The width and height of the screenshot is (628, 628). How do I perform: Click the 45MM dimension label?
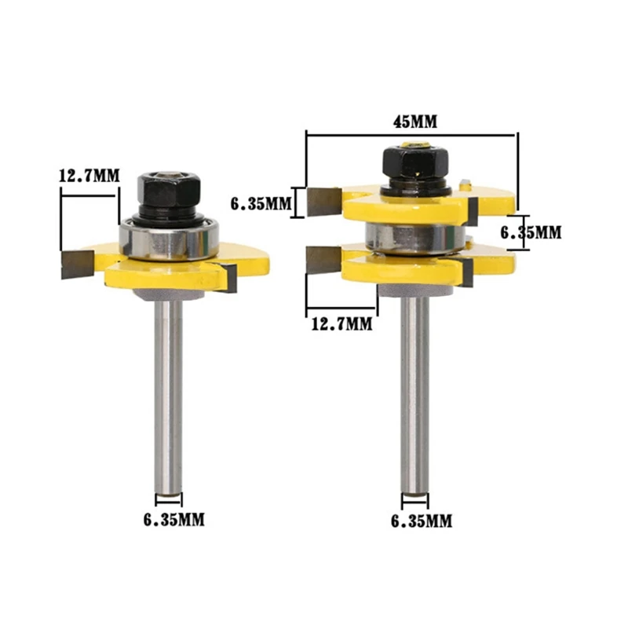[414, 122]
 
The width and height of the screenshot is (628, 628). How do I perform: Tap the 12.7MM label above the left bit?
[89, 175]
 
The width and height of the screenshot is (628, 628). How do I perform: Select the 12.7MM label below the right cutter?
[341, 323]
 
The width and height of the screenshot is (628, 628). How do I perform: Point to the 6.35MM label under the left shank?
[173, 520]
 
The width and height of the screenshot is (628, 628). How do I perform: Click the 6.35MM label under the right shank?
[422, 521]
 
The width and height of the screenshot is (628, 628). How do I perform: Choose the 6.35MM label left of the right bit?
[261, 204]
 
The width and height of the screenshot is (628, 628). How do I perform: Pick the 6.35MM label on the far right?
[531, 232]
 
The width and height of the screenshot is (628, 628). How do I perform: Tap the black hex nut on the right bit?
[415, 162]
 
